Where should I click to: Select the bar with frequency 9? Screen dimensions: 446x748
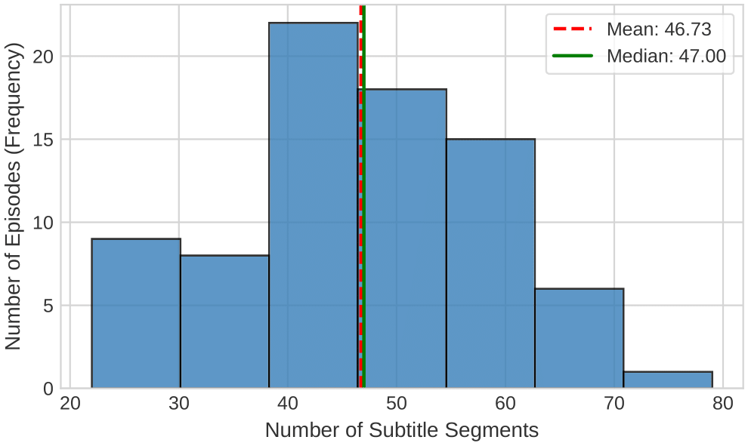pyautogui.click(x=136, y=313)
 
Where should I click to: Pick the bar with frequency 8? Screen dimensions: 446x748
pyautogui.click(x=224, y=321)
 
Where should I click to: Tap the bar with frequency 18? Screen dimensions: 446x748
pyautogui.click(x=405, y=238)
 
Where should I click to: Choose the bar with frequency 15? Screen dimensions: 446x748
pyautogui.click(x=490, y=263)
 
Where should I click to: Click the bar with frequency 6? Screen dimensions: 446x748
pyautogui.click(x=579, y=338)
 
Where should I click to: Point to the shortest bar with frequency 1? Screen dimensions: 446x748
pyautogui.click(x=668, y=380)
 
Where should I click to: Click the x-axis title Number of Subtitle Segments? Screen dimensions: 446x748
pyautogui.click(x=401, y=431)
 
